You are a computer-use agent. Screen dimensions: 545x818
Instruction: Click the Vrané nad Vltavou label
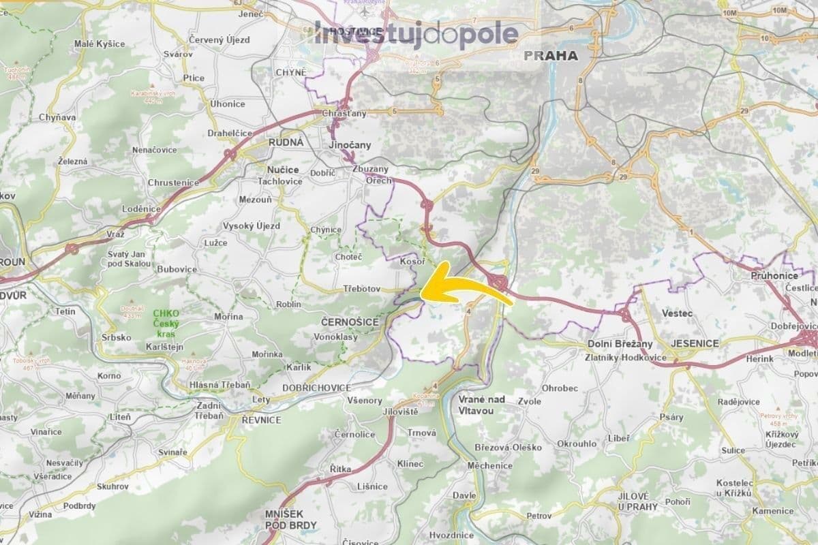[481, 405]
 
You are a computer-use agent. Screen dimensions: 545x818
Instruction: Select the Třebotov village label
[361, 289]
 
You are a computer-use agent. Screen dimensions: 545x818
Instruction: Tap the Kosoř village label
[412, 262]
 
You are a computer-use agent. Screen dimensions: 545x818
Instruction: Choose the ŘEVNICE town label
[261, 420]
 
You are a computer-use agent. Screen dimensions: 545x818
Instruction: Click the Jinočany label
[349, 145]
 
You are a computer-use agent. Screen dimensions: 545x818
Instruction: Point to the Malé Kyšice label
[100, 44]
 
